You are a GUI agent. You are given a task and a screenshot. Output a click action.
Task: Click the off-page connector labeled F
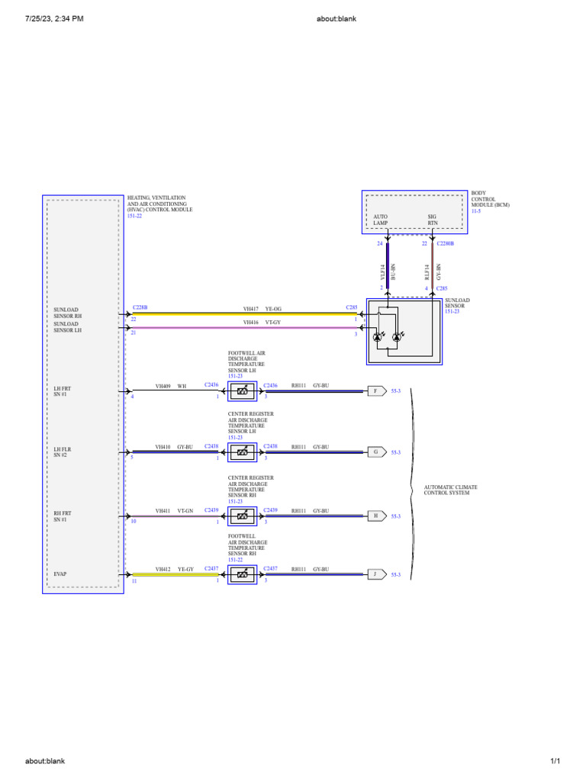tap(375, 391)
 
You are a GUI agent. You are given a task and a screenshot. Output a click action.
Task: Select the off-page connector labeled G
tap(375, 452)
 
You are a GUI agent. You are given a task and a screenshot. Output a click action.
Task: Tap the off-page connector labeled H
tap(375, 516)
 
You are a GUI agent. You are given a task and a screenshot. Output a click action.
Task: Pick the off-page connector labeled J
tap(375, 574)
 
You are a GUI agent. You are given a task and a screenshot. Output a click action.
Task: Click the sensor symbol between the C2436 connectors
tap(242, 391)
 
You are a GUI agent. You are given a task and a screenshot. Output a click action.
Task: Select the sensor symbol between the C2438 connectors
tap(242, 452)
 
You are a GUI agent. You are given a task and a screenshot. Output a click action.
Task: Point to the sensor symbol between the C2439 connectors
tap(242, 516)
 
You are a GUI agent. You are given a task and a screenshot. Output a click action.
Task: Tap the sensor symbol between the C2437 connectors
tap(242, 574)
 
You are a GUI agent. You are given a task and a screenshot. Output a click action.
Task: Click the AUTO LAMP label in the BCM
tap(381, 220)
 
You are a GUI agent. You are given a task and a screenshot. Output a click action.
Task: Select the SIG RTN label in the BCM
tap(433, 220)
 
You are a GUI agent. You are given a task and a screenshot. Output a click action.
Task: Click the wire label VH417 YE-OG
tap(262, 308)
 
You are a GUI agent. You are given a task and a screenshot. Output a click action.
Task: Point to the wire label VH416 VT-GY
tap(262, 323)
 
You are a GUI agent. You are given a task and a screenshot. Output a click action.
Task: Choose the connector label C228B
tap(140, 307)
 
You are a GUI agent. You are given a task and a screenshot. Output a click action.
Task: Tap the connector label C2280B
tap(446, 244)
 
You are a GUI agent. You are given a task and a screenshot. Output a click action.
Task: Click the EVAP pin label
tap(61, 572)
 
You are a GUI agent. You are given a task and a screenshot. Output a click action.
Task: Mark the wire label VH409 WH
tap(171, 386)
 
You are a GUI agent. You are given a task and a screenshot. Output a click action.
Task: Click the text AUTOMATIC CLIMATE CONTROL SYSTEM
tap(451, 490)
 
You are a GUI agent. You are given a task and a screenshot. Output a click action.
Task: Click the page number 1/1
tap(555, 761)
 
